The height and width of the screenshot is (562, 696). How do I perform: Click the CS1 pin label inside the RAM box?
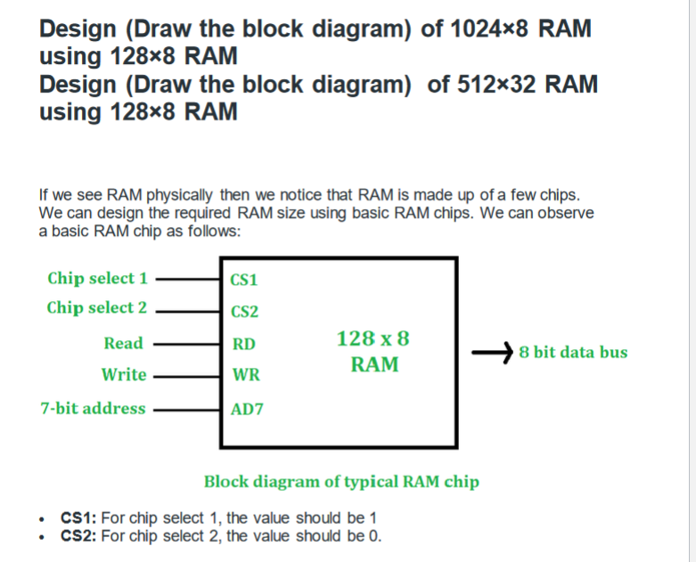point(244,280)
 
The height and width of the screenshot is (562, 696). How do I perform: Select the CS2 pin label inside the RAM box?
point(244,312)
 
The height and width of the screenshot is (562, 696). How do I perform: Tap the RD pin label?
point(243,344)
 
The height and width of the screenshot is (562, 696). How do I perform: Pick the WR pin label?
point(245,376)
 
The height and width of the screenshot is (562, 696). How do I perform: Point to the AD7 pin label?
point(246,410)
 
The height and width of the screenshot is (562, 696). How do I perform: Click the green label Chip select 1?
point(97,278)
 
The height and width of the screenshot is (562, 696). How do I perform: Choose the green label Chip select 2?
point(97,308)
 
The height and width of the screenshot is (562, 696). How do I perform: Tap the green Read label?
point(123,343)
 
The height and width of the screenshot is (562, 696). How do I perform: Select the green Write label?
point(124,375)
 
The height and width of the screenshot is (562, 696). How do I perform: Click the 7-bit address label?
point(93,409)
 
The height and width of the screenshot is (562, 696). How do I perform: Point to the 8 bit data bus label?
point(573,352)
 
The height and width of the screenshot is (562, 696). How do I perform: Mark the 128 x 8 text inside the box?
point(373,338)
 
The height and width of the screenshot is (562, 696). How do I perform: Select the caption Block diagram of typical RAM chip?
point(341,482)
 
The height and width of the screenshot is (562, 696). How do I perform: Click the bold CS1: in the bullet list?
point(79,517)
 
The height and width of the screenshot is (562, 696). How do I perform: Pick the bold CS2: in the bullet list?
point(79,535)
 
